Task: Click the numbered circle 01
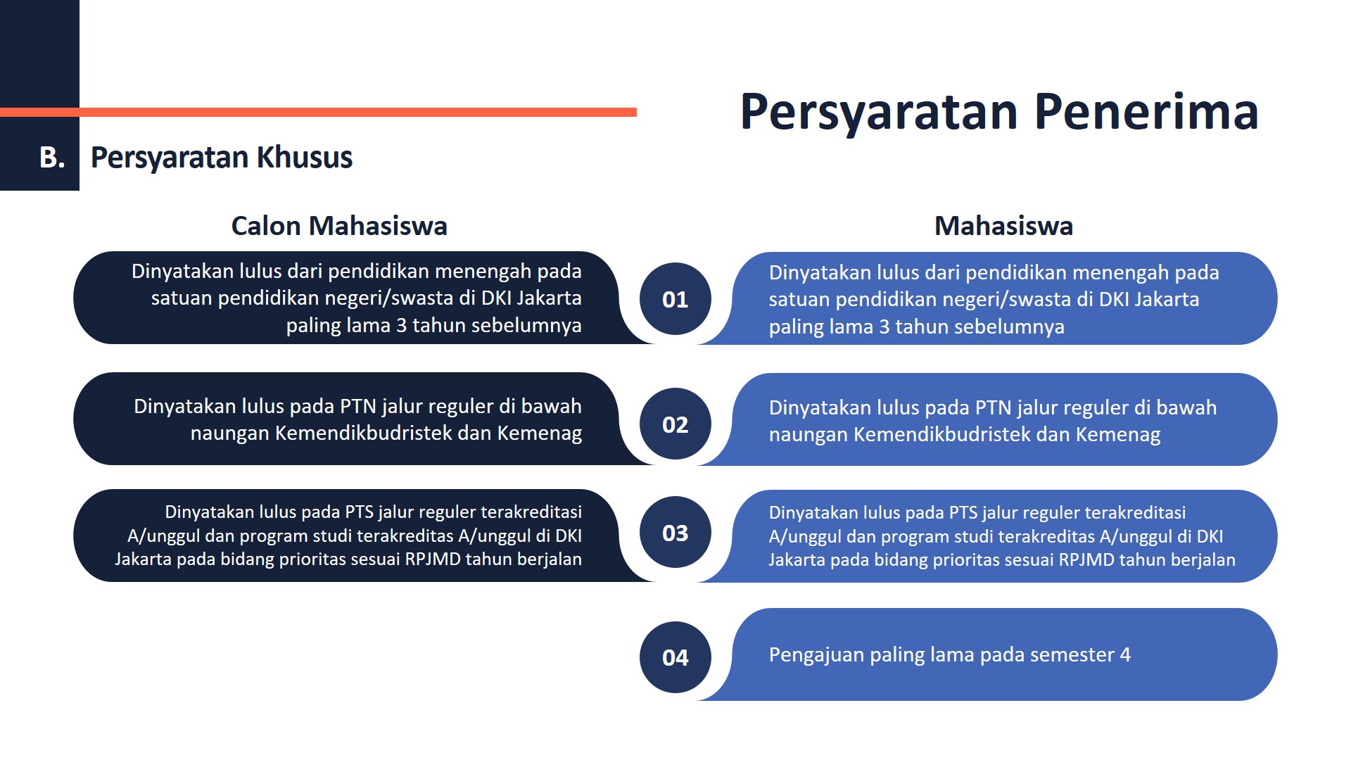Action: pos(675,299)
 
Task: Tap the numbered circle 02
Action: pos(675,424)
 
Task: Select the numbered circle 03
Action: pos(675,533)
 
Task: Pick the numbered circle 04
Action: pos(675,657)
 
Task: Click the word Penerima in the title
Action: pos(1146,112)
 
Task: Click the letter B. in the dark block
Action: pos(52,158)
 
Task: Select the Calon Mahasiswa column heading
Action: pos(339,226)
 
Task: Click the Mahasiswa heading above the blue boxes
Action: pos(1003,226)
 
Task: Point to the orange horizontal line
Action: pos(318,112)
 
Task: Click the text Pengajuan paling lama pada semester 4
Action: pos(949,655)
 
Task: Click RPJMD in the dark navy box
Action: pos(433,559)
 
